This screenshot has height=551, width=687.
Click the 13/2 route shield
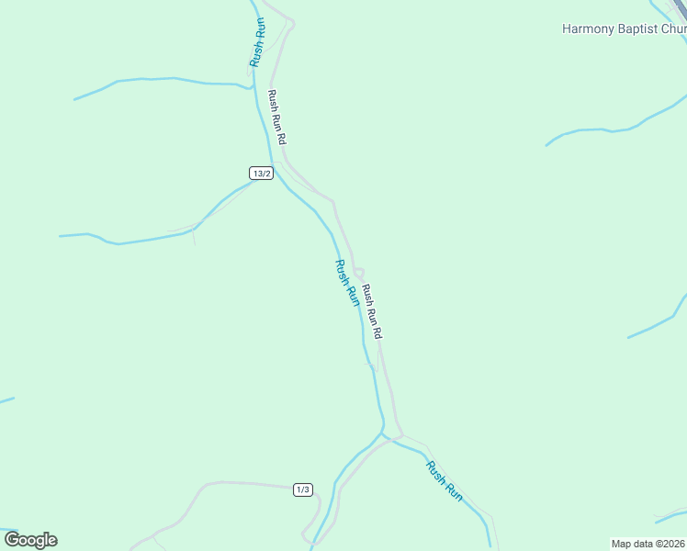[x=262, y=173]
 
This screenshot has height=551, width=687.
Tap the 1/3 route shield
[x=303, y=489]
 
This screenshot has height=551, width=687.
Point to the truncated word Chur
[x=674, y=28]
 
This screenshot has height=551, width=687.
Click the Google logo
[x=30, y=540]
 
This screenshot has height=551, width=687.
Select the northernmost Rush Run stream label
[x=258, y=41]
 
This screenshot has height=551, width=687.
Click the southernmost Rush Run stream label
[x=445, y=480]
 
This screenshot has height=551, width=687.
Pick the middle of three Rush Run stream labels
[x=346, y=283]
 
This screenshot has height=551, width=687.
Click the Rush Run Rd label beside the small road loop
[x=371, y=312]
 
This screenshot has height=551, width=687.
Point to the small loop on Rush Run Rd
[x=359, y=273]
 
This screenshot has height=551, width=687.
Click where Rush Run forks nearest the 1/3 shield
[x=383, y=434]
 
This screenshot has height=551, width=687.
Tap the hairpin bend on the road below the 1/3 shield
[x=306, y=533]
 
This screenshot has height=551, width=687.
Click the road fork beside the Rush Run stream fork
[x=399, y=435]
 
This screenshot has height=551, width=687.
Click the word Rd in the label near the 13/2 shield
[x=283, y=139]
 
